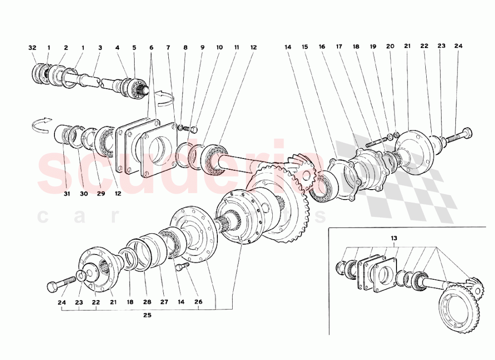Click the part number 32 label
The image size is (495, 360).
[x=32, y=48]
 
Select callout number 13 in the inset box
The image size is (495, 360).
[x=394, y=238]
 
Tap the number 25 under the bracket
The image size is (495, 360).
[x=147, y=315]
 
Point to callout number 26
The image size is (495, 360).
[x=198, y=302]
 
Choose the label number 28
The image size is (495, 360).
[x=147, y=302]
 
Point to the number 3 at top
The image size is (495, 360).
[x=100, y=48]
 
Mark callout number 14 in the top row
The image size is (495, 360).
[x=288, y=48]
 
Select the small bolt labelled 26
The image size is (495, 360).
[x=182, y=267]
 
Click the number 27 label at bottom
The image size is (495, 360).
[x=163, y=302]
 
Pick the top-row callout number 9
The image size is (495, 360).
[x=202, y=48]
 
